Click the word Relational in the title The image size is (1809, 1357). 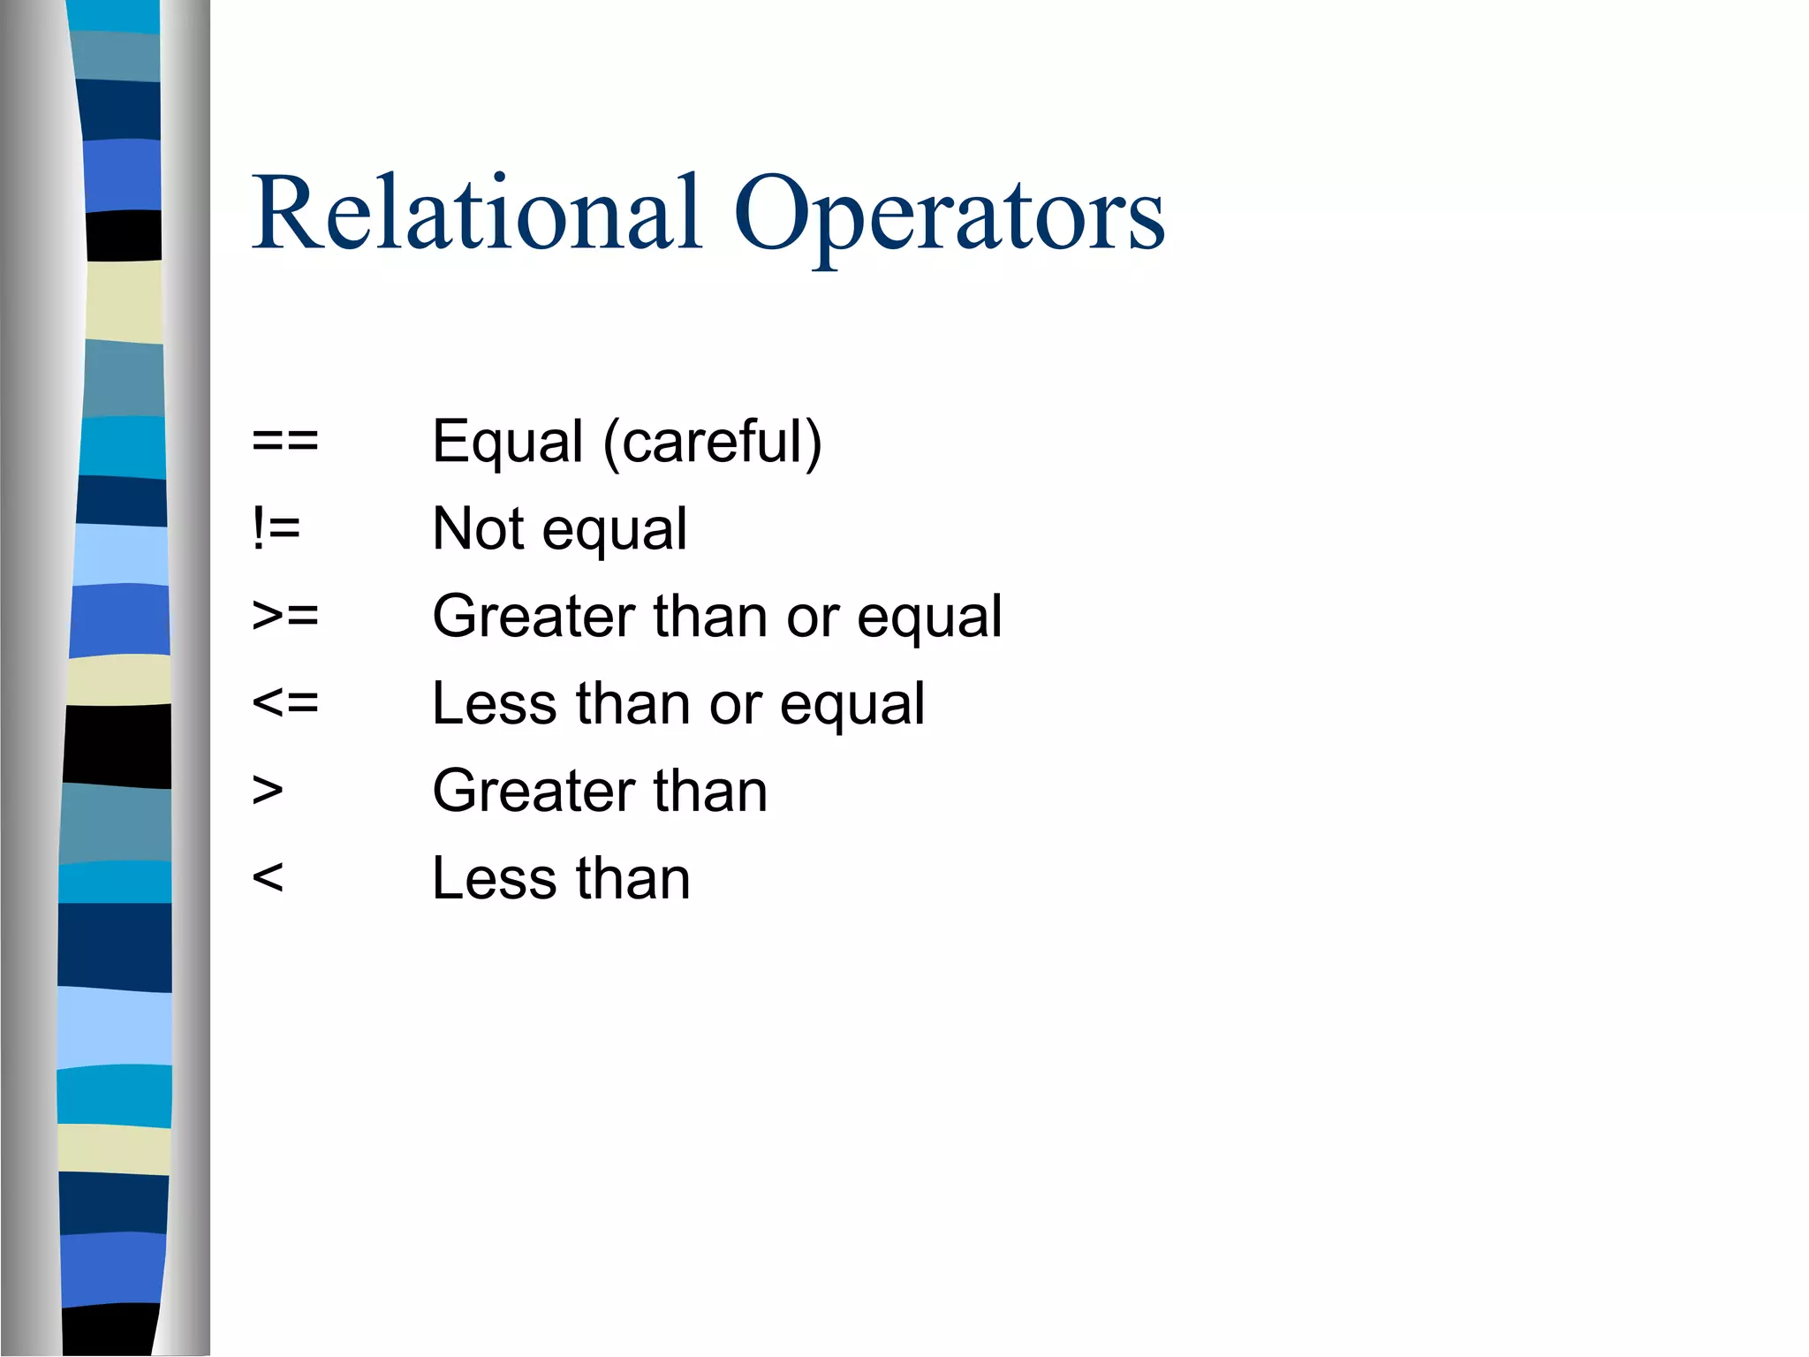coord(477,214)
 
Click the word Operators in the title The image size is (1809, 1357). coord(949,217)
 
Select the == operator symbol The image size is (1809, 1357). coord(284,440)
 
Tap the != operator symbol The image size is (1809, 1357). coord(276,528)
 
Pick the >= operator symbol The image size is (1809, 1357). coord(284,615)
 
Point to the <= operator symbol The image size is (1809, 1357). coord(284,703)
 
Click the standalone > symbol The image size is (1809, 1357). coord(268,790)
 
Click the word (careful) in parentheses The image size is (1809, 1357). coord(713,442)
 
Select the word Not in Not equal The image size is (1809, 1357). coord(478,528)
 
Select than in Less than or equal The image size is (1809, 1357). coord(632,703)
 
